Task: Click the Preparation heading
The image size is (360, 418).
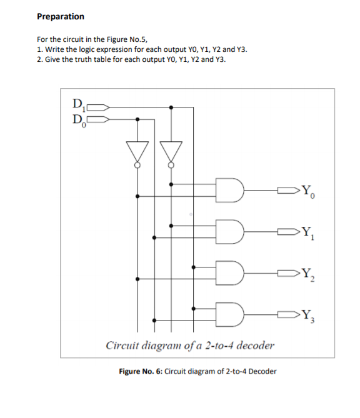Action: coord(61,16)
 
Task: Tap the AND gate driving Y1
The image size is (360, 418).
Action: coord(230,231)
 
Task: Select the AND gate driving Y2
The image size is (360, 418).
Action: coord(230,272)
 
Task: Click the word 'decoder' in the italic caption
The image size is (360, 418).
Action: coord(252,345)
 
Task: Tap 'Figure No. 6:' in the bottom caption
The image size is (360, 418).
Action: coord(141,371)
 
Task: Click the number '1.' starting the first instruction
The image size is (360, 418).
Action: coord(40,49)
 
